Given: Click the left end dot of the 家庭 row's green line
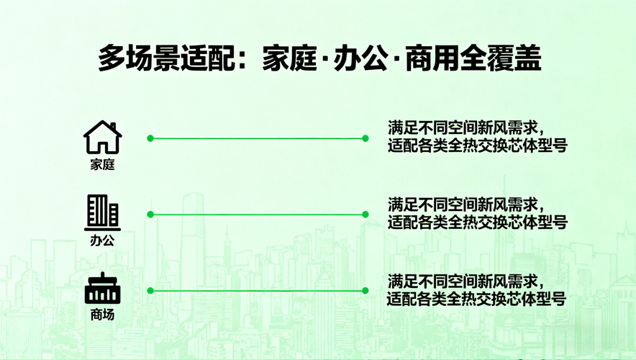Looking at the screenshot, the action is [x=150, y=138].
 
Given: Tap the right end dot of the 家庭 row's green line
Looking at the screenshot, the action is [x=365, y=138].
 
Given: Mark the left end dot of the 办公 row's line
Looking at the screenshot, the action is [x=150, y=215].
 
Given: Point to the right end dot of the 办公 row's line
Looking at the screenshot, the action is [x=365, y=215].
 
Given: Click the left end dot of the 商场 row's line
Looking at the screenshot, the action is [x=150, y=291].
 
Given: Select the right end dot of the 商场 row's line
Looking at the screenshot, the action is [x=365, y=291].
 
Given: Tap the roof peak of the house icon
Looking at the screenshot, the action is [x=102, y=122].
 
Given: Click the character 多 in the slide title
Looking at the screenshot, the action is [x=112, y=58].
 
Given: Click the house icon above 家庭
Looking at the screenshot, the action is [x=103, y=138].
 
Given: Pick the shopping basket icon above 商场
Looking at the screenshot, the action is [x=103, y=288].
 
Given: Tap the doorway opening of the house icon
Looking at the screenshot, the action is [x=103, y=147].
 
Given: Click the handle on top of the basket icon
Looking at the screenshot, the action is [x=103, y=275].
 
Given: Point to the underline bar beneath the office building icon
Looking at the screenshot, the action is [x=103, y=229].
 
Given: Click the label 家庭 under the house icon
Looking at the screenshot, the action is [x=103, y=164].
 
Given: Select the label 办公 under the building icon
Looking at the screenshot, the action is [x=103, y=240].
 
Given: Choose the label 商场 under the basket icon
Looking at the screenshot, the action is [x=103, y=315].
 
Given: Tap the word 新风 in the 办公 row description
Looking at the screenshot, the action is [x=491, y=204].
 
